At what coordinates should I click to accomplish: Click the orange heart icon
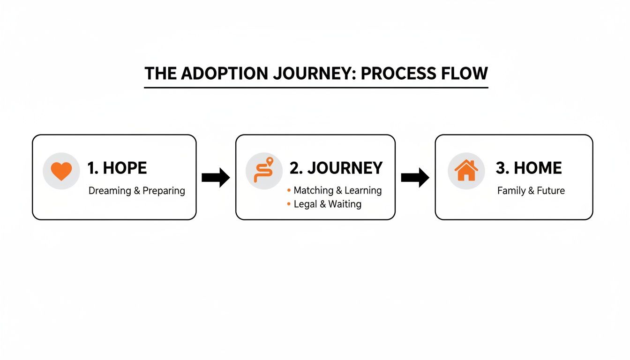click(x=61, y=171)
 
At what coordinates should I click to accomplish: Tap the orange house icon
click(x=466, y=170)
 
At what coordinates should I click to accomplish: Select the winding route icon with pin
click(x=263, y=170)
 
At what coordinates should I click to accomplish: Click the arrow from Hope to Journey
click(x=216, y=178)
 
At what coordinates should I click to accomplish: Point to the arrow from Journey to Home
click(x=415, y=178)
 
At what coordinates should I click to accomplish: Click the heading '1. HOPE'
click(x=117, y=168)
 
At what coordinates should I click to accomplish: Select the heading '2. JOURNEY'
click(x=336, y=168)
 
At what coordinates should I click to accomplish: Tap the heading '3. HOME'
click(x=528, y=168)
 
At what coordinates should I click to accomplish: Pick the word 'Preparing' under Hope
click(x=164, y=191)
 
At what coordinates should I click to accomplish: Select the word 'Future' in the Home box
click(x=551, y=191)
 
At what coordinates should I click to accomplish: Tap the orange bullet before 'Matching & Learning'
click(x=288, y=191)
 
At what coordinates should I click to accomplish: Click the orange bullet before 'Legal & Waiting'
click(x=288, y=204)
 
